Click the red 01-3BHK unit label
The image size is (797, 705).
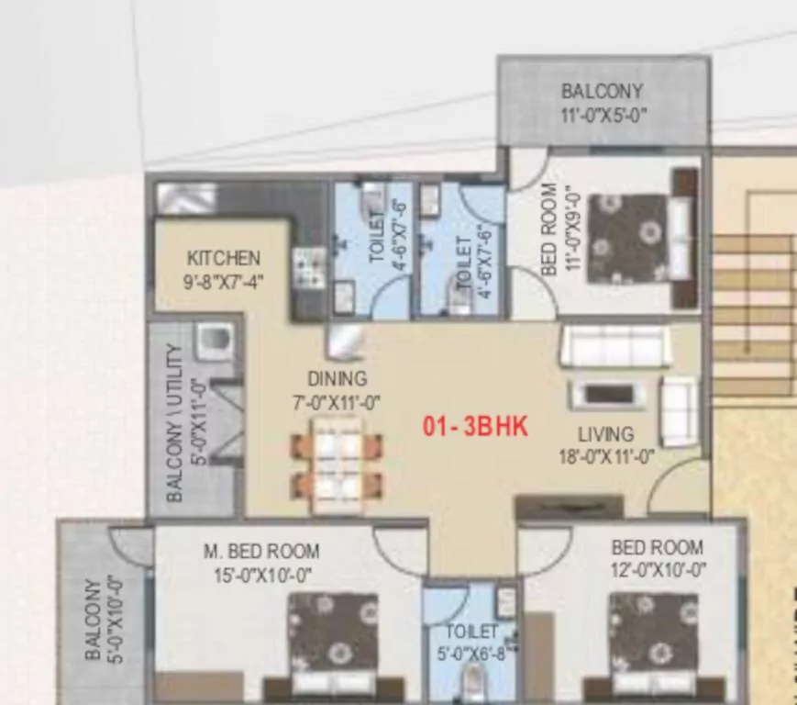475,427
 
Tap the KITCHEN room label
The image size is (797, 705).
224,258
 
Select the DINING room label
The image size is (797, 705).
337,378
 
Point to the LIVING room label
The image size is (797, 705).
605,433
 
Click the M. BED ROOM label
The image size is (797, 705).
261,552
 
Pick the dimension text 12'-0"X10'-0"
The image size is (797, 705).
659,571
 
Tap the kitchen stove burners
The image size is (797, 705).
308,267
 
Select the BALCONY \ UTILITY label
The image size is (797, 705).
174,422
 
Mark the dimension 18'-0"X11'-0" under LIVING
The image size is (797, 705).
606,456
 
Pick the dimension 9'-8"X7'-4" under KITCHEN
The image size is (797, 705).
224,281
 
